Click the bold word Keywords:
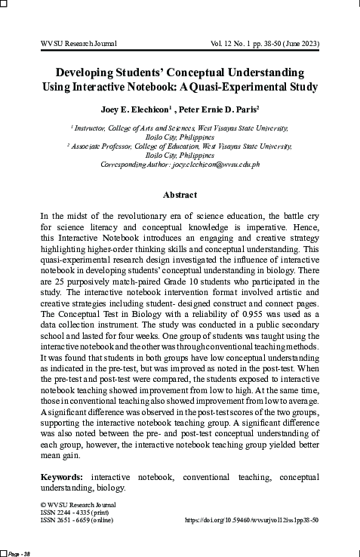[63, 477]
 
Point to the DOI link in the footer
[252, 520]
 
